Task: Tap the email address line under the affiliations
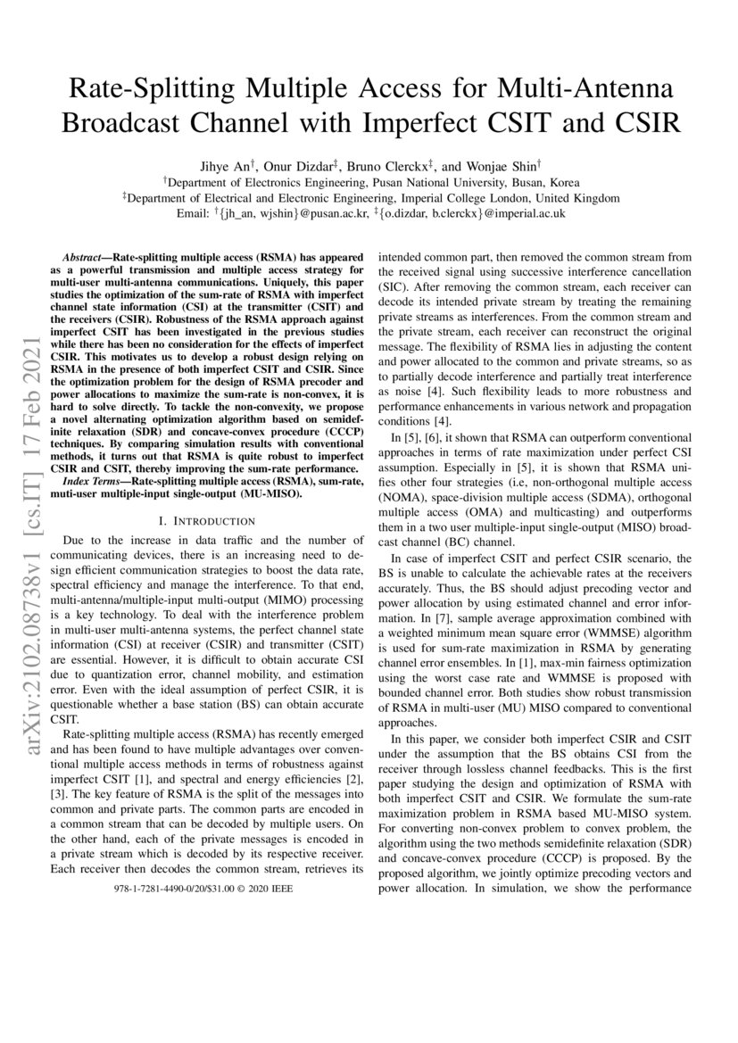click(x=369, y=214)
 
